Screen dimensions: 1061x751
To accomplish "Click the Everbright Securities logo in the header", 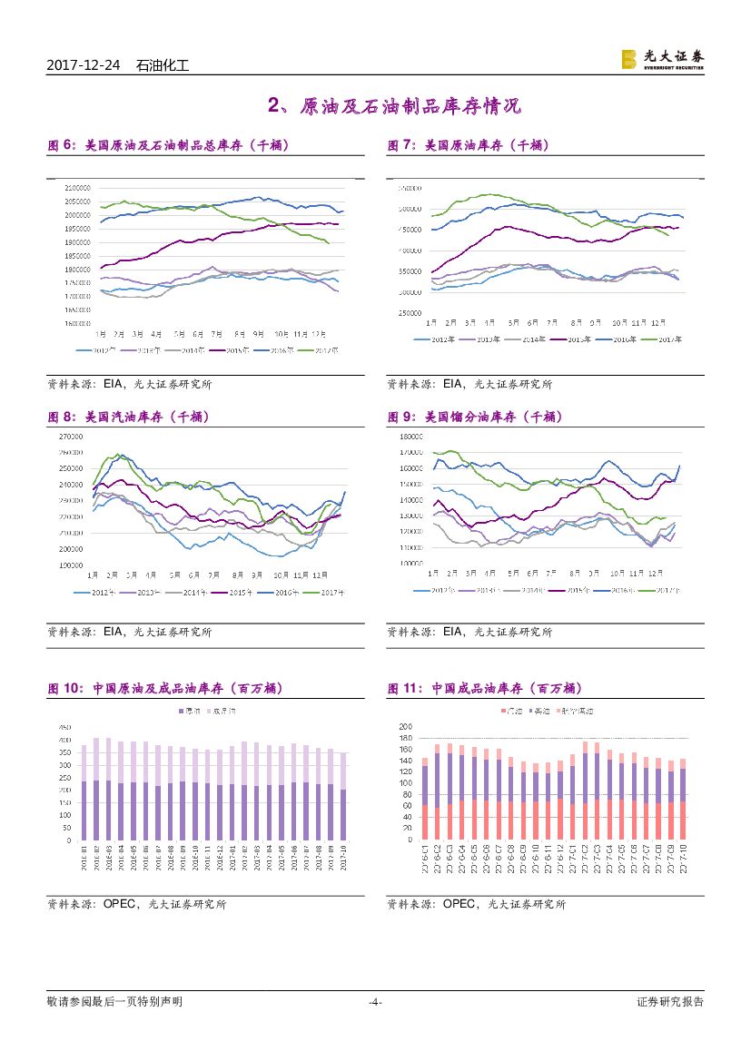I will (662, 59).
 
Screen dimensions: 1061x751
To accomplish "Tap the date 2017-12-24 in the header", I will (85, 65).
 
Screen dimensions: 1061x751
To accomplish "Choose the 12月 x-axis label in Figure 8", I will (320, 575).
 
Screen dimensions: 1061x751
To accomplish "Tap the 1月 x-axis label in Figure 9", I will (432, 574).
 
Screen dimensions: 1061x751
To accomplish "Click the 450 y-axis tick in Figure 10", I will (65, 728).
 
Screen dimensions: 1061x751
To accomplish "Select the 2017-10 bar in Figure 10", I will (343, 797).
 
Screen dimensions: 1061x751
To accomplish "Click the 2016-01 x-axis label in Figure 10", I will (84, 857).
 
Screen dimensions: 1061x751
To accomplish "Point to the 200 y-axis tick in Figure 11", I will (406, 727).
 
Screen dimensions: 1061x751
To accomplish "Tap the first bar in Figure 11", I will (425, 799).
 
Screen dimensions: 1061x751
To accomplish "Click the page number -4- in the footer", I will (374, 1002).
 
